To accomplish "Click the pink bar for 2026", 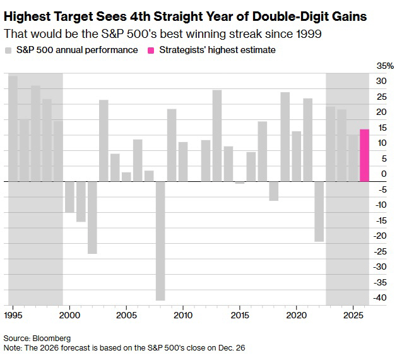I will [364, 155].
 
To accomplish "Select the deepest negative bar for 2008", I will [160, 241].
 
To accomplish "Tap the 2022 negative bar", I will [319, 211].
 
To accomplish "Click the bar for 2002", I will [92, 217].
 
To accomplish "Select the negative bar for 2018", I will [274, 191].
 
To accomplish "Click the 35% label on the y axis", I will [385, 66].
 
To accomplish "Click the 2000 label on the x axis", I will [69, 314].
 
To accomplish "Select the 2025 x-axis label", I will [353, 314].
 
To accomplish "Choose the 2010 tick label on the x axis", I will [183, 314].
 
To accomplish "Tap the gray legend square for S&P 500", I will [8, 49].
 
